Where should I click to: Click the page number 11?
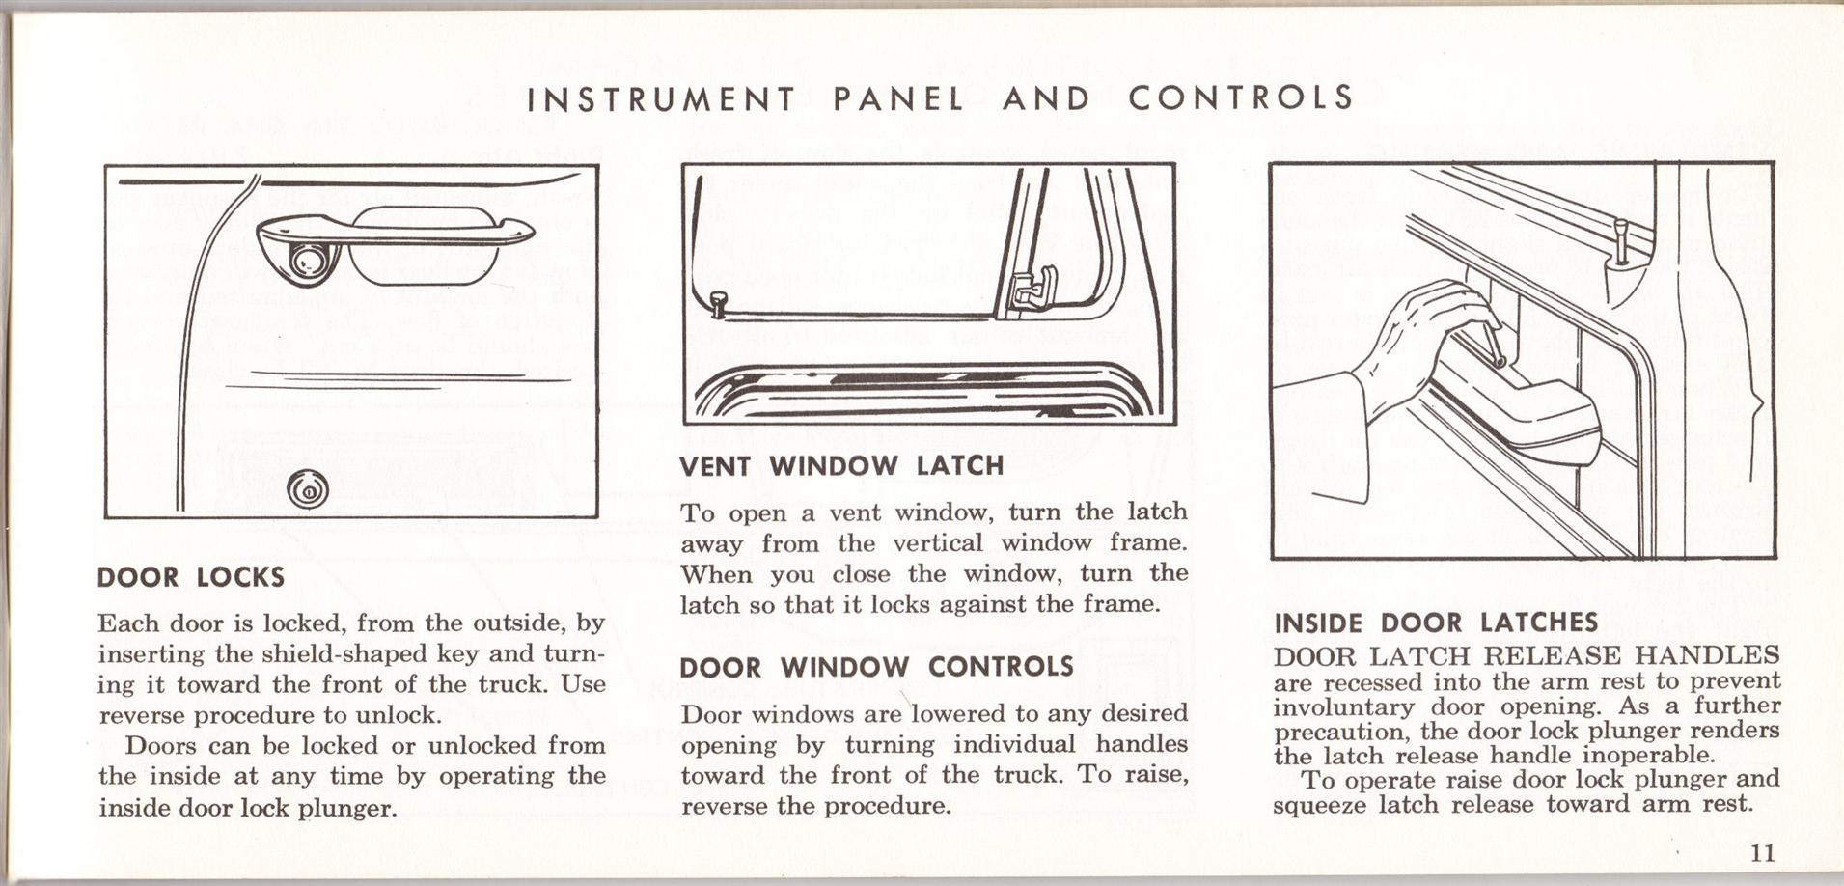1761,852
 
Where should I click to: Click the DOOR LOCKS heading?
191,578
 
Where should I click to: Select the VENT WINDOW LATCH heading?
841,466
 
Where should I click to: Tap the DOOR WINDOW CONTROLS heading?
876,667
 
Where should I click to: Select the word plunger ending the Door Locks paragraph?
347,808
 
